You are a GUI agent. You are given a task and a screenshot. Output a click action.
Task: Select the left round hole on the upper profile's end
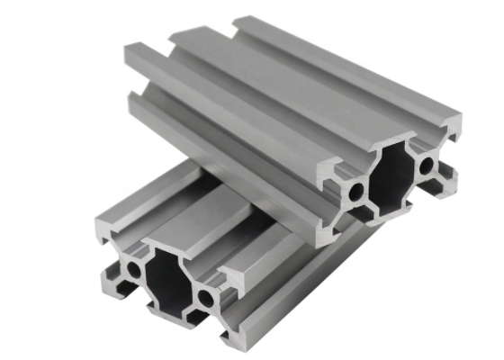[x=356, y=192]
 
